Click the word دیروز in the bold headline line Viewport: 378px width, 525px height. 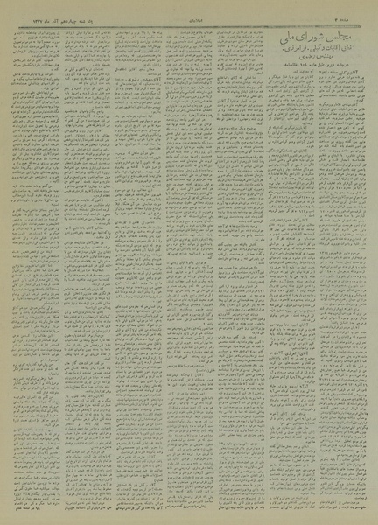[x=338, y=66]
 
